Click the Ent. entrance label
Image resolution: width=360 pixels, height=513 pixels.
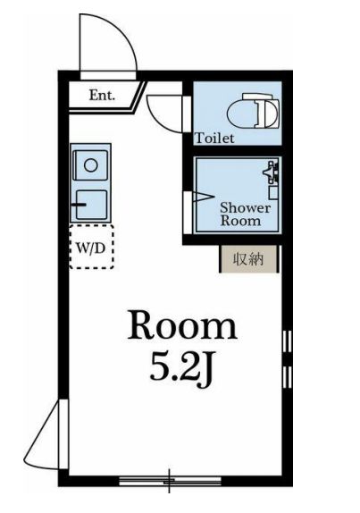[x=102, y=96]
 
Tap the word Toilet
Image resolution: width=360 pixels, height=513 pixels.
[x=214, y=138]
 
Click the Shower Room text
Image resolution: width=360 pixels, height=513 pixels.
[x=245, y=214]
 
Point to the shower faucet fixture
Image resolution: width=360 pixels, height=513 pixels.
[x=272, y=172]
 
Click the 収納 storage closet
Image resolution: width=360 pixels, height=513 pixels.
[x=249, y=259]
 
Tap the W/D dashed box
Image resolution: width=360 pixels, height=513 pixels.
[x=91, y=247]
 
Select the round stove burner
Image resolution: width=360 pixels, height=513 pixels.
[x=90, y=165]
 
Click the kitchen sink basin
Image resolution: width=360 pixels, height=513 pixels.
[x=91, y=205]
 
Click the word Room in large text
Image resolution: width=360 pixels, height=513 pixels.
[x=182, y=325]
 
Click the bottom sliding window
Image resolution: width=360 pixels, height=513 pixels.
[x=170, y=481]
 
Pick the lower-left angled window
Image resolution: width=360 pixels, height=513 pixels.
[x=46, y=434]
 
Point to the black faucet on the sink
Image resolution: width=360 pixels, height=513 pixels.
[x=79, y=206]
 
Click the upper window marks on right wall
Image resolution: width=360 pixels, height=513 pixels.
[x=287, y=341]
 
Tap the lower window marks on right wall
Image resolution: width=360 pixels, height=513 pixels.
[x=287, y=377]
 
